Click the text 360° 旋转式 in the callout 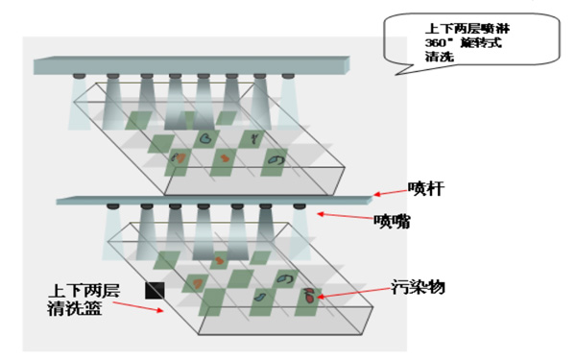tap(461, 43)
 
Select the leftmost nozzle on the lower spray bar tap(113, 207)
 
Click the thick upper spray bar tap(192, 66)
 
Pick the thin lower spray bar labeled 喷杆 tap(211, 200)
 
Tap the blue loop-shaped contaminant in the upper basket tap(276, 159)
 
